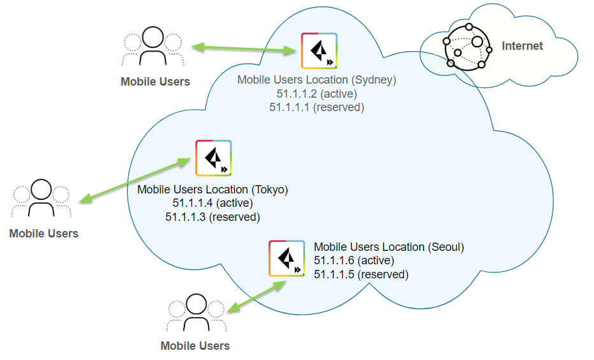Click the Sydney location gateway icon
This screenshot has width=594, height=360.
click(320, 50)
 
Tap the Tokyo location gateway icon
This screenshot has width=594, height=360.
click(213, 158)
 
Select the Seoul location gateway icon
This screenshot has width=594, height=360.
click(286, 258)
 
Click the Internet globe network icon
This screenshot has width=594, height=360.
click(468, 46)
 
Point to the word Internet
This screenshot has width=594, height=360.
click(522, 46)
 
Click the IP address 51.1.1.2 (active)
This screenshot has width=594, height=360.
click(316, 94)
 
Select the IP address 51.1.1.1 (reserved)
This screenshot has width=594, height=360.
click(316, 107)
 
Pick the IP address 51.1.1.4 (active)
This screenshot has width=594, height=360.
click(212, 203)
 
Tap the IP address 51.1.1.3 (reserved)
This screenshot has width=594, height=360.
click(212, 217)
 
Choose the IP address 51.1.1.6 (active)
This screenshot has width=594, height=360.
click(354, 260)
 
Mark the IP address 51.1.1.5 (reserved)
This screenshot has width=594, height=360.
click(361, 274)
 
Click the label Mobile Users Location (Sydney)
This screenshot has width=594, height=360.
click(316, 80)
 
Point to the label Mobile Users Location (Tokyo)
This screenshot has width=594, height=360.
click(212, 190)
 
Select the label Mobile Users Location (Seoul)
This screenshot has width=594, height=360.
click(389, 247)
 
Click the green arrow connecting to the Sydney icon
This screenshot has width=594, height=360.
click(246, 48)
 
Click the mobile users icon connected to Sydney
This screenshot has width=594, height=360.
click(153, 47)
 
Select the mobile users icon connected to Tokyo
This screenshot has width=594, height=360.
click(41, 199)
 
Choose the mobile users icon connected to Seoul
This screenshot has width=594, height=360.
click(195, 313)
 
